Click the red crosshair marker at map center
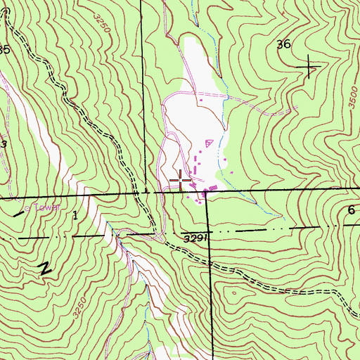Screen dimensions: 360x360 click(x=180, y=181)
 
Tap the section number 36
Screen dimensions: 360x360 click(x=284, y=44)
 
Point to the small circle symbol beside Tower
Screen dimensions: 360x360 click(x=28, y=208)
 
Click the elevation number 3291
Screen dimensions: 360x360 click(x=197, y=238)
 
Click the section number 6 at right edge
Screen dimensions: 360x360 click(x=351, y=210)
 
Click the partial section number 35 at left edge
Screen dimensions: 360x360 click(x=4, y=50)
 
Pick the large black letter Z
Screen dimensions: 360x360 click(x=46, y=268)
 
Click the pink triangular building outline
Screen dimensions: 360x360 click(x=207, y=143)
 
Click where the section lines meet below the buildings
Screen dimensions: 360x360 click(x=207, y=192)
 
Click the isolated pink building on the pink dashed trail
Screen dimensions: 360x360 click(x=199, y=101)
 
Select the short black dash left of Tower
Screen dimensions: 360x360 click(x=18, y=212)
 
